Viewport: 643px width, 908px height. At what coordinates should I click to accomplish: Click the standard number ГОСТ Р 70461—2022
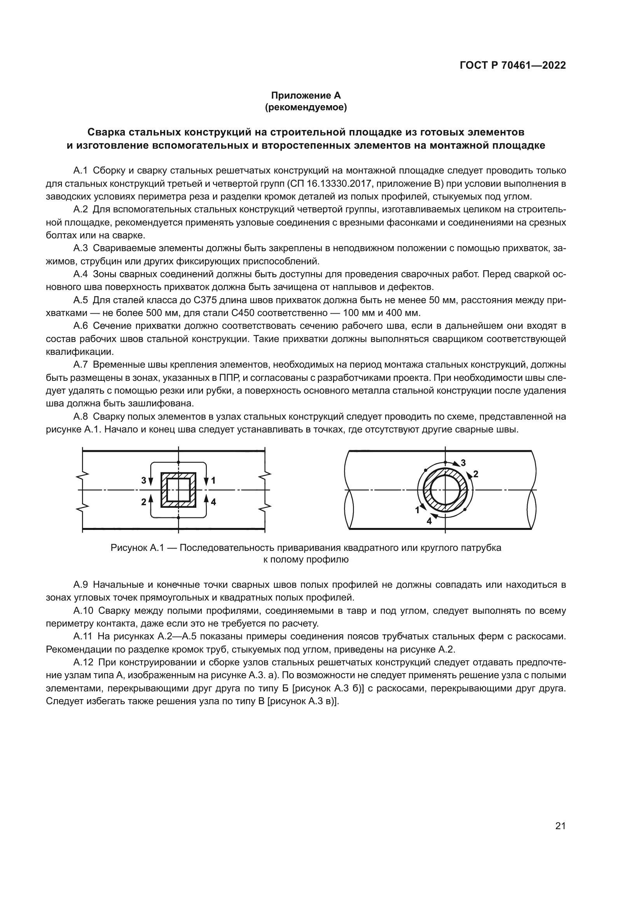(x=512, y=66)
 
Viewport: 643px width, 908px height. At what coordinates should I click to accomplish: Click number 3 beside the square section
(x=144, y=481)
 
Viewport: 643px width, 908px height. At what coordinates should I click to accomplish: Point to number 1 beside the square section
(x=213, y=481)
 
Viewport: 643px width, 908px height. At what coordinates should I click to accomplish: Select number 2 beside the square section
(x=144, y=502)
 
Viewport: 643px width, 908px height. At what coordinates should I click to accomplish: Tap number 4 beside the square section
(x=213, y=502)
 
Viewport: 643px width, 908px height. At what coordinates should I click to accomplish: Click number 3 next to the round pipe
(x=463, y=463)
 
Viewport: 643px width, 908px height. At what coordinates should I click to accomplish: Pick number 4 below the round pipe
(x=429, y=521)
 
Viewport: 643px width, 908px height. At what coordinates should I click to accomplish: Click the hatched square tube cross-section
(x=178, y=490)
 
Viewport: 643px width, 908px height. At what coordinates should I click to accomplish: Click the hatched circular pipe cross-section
(x=446, y=490)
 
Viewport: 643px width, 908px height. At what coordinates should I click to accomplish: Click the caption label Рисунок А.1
(x=135, y=548)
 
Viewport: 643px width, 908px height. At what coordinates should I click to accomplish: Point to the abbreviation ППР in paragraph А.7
(x=230, y=378)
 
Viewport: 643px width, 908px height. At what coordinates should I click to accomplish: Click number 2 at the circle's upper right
(x=476, y=474)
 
